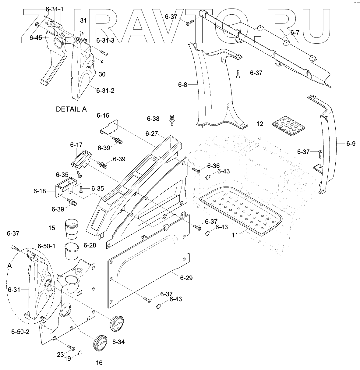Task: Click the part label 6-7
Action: click(x=295, y=33)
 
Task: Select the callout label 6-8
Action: click(x=183, y=84)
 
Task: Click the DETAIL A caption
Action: click(x=71, y=109)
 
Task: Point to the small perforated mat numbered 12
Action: click(x=288, y=125)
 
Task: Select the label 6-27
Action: click(x=152, y=133)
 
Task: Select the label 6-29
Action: click(x=186, y=278)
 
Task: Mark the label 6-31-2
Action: click(x=105, y=91)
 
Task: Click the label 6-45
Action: click(x=36, y=38)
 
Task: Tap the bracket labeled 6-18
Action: click(x=64, y=187)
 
